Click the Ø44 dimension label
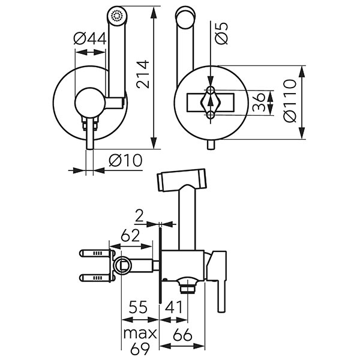(x=90, y=40)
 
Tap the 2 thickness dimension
(x=139, y=215)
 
